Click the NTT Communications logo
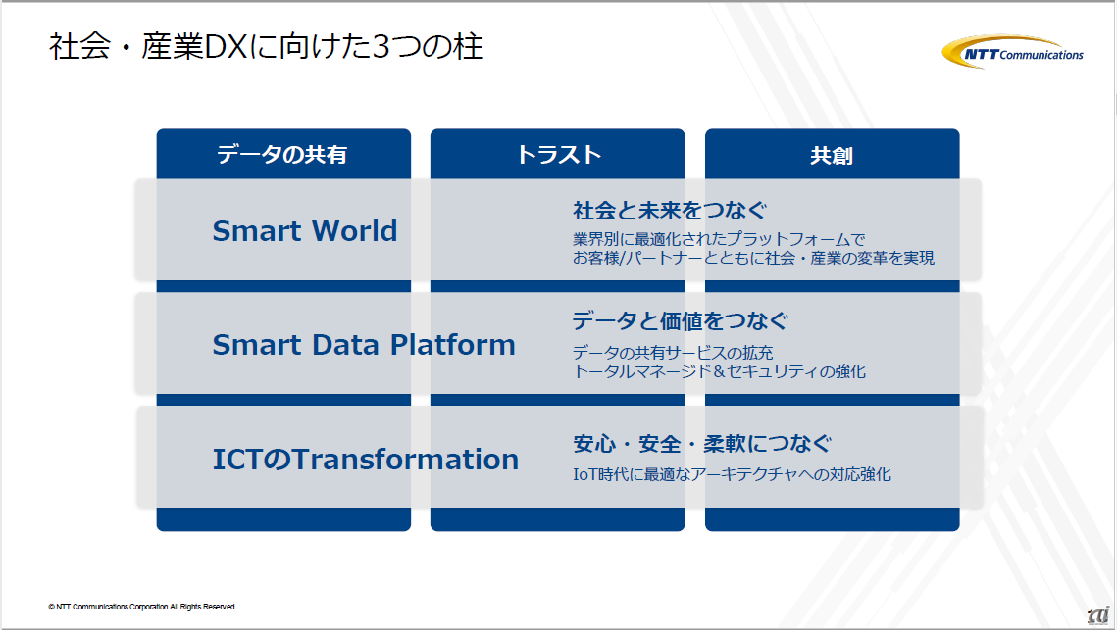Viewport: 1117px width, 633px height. [1012, 52]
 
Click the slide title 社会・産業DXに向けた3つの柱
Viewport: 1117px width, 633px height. [267, 47]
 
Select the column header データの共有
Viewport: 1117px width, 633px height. [282, 154]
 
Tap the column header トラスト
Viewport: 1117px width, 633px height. [559, 154]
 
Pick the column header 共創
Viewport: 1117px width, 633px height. [832, 155]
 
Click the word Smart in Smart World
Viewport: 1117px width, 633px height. [257, 230]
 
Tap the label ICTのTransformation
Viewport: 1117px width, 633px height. [366, 460]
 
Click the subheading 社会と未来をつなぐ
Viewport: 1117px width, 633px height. [670, 210]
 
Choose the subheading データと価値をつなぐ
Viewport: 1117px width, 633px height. [681, 321]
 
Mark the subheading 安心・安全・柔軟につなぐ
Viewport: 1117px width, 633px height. [702, 444]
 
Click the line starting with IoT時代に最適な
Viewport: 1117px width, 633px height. [732, 474]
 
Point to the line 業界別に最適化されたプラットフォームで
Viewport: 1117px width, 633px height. [719, 239]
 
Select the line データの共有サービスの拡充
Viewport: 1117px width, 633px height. [673, 353]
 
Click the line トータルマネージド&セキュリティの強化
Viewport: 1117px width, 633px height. [719, 371]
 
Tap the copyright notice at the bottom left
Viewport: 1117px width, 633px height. [142, 607]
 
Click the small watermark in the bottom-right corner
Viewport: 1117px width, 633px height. [1098, 616]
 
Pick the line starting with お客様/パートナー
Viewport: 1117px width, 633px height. [754, 258]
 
